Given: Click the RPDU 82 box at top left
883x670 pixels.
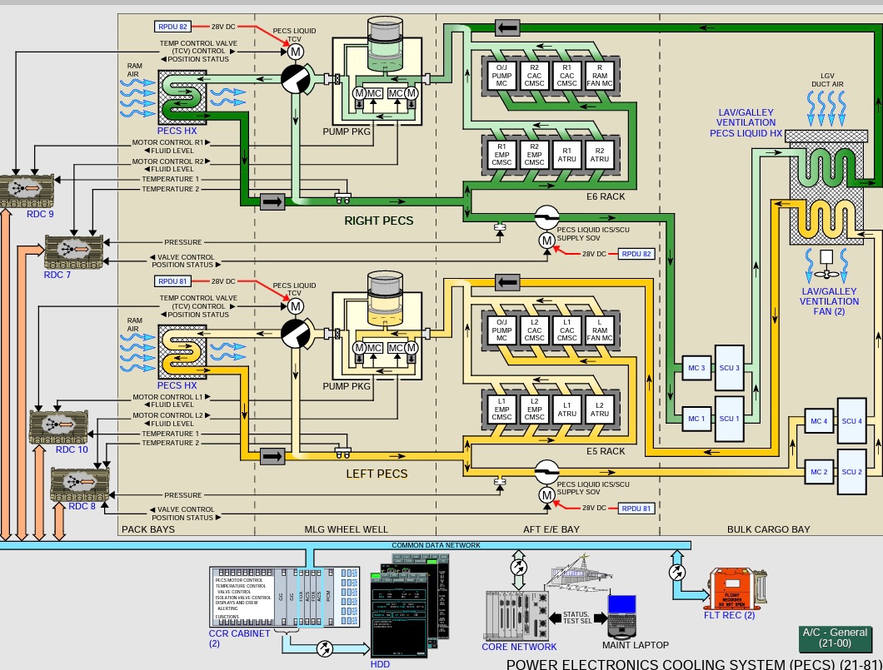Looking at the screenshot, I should coord(172,27).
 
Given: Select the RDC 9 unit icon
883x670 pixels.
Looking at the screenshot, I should coord(28,189).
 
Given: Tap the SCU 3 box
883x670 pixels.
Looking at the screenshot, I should coord(729,368).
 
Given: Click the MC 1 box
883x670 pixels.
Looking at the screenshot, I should coord(696,419).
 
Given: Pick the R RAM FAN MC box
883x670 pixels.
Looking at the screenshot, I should coord(599,75).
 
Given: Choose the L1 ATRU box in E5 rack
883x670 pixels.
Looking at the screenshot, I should coord(567,408).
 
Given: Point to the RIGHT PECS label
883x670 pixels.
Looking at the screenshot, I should coord(379,221).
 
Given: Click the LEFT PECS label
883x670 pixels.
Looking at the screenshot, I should coord(377,474).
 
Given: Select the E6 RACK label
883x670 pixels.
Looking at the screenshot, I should coord(605,196).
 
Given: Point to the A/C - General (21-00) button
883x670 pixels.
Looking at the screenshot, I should coord(834,638).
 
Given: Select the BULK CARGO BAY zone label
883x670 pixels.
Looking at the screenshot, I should coord(768,529).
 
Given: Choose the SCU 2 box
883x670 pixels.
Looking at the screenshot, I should coord(851,472).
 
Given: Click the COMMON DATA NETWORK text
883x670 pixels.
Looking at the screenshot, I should coord(436,545).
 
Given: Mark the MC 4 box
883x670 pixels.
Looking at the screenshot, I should coord(819,421).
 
